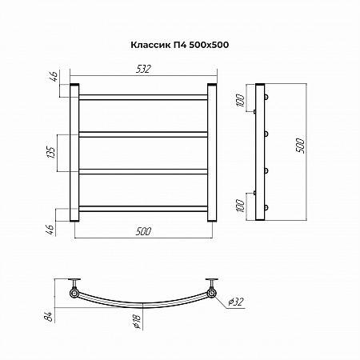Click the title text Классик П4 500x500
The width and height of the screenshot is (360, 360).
pyautogui.click(x=179, y=45)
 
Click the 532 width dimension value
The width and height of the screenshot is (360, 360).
pyautogui.click(x=143, y=69)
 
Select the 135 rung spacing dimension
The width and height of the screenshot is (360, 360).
pyautogui.click(x=51, y=152)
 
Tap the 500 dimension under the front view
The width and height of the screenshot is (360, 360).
pyautogui.click(x=143, y=231)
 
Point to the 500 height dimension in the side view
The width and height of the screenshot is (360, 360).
pyautogui.click(x=300, y=146)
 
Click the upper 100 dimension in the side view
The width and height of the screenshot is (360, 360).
pyautogui.click(x=240, y=100)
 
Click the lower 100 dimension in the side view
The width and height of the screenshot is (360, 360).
pyautogui.click(x=240, y=206)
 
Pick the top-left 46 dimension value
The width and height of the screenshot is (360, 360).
pyautogui.click(x=54, y=77)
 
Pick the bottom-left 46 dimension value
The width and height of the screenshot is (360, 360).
pyautogui.click(x=50, y=230)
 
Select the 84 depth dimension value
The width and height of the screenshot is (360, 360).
pyautogui.click(x=50, y=316)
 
